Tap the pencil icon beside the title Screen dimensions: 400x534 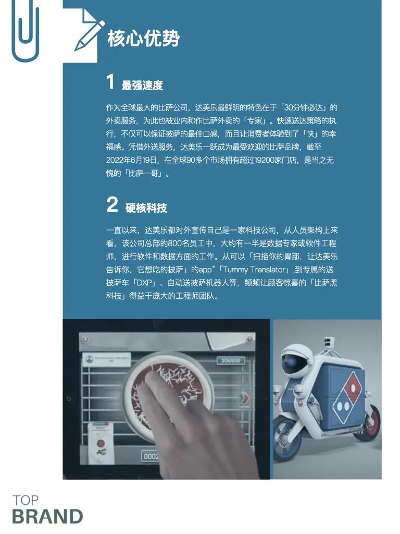tap(89, 35)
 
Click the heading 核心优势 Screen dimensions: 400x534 tap(144, 38)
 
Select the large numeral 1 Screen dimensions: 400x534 tap(110, 82)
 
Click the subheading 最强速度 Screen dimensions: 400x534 tap(142, 85)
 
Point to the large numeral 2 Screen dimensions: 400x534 tap(113, 204)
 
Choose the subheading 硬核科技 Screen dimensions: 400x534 tap(146, 208)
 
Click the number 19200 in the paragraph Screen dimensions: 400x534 tap(264, 160)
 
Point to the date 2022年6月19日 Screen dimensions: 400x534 tap(132, 160)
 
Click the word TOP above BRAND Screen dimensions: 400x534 tap(26, 500)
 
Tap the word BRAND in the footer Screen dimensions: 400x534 tap(47, 516)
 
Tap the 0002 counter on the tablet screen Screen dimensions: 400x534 tap(151, 456)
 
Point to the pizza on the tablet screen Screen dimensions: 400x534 tap(168, 388)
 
